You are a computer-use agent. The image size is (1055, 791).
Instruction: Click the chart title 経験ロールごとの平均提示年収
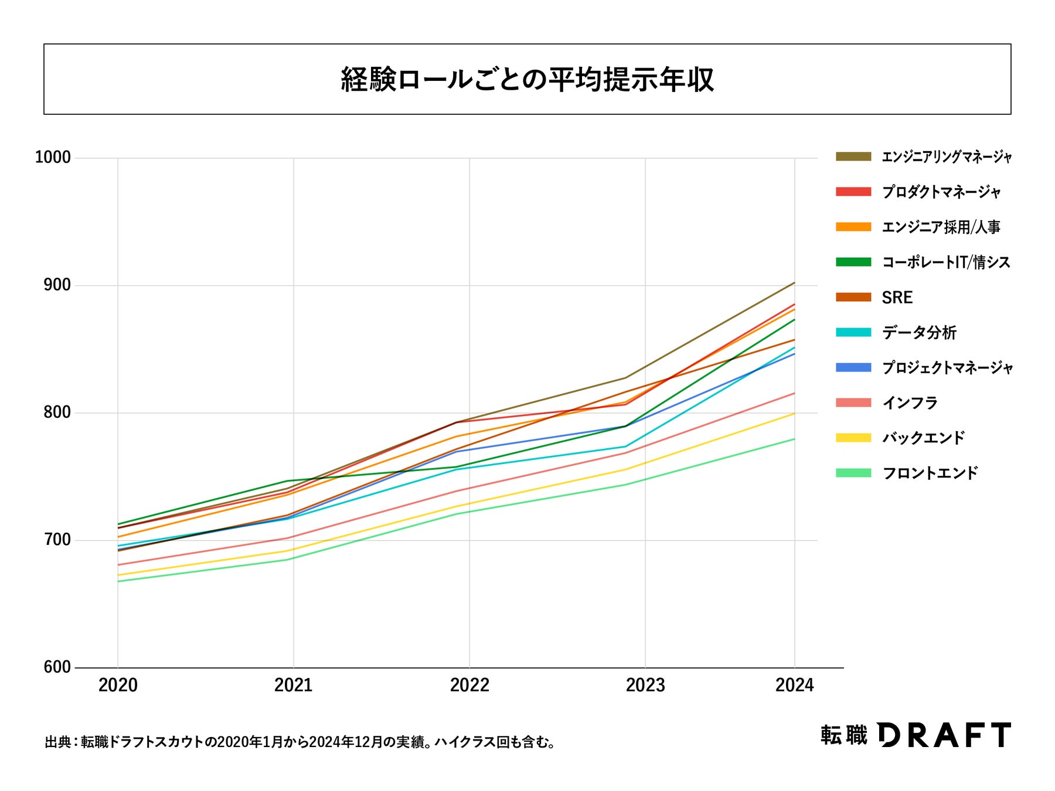pos(527,80)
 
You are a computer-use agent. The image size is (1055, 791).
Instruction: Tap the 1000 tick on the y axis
pos(53,158)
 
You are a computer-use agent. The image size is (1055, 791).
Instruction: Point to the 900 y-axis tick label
pos(56,285)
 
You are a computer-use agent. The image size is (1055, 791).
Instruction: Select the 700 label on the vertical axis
pos(56,540)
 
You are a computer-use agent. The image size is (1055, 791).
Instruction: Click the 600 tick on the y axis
pos(56,667)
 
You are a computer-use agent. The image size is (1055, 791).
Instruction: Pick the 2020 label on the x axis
pos(118,686)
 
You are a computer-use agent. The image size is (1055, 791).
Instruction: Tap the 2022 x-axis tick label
pos(469,686)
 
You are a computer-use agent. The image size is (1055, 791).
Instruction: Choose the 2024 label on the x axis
pos(794,686)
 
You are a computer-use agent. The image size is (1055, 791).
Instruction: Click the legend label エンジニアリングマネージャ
pos(947,157)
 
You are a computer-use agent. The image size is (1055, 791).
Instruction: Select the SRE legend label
pos(897,298)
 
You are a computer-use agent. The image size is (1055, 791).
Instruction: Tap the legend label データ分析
pos(919,333)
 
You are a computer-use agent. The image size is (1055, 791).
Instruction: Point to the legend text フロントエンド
pos(930,473)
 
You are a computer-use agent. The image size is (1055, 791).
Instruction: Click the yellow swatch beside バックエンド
pos(853,438)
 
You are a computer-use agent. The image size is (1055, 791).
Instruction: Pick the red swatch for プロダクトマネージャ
pos(853,192)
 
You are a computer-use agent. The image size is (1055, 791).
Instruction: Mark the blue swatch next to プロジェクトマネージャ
pos(853,367)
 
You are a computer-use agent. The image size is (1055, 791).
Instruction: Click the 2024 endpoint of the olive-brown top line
pos(794,283)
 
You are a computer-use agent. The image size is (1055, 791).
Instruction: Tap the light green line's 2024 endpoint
pos(794,439)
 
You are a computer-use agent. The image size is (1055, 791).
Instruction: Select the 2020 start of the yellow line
pos(118,575)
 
